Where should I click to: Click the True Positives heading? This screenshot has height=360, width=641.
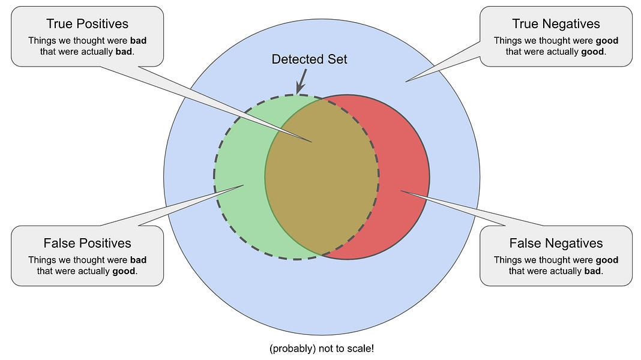pyautogui.click(x=87, y=24)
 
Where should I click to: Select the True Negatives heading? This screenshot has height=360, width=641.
pyautogui.click(x=556, y=24)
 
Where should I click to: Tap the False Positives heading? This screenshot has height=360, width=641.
pyautogui.click(x=87, y=243)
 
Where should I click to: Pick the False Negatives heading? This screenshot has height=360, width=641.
pyautogui.click(x=556, y=243)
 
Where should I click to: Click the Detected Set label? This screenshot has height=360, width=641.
pyautogui.click(x=309, y=59)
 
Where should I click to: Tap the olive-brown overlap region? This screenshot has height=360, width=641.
pyautogui.click(x=321, y=174)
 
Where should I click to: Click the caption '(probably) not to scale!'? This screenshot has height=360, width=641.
pyautogui.click(x=321, y=349)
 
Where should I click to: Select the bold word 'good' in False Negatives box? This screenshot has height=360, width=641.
pyautogui.click(x=606, y=260)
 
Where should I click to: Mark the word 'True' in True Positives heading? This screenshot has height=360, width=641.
pyautogui.click(x=59, y=24)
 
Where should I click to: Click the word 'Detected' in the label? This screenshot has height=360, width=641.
pyautogui.click(x=298, y=59)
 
